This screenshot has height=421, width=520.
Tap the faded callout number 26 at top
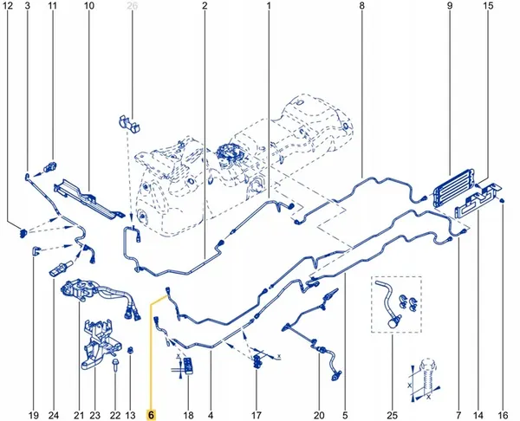point(133,7)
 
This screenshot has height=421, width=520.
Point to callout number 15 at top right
point(488,7)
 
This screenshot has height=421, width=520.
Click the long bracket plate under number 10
point(87,198)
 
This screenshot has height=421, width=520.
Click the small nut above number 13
point(130,350)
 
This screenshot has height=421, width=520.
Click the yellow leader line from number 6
point(151,347)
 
